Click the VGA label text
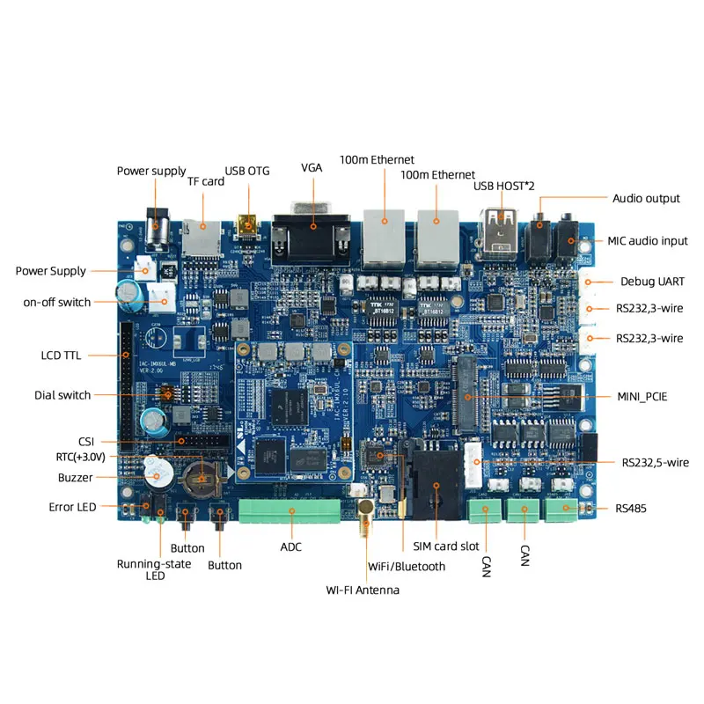point(312,167)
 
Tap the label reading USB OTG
point(247,171)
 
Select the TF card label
point(206,181)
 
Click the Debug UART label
point(652,282)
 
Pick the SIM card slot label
point(446,547)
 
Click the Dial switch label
point(62,395)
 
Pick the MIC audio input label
point(648,241)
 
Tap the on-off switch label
point(57,303)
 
